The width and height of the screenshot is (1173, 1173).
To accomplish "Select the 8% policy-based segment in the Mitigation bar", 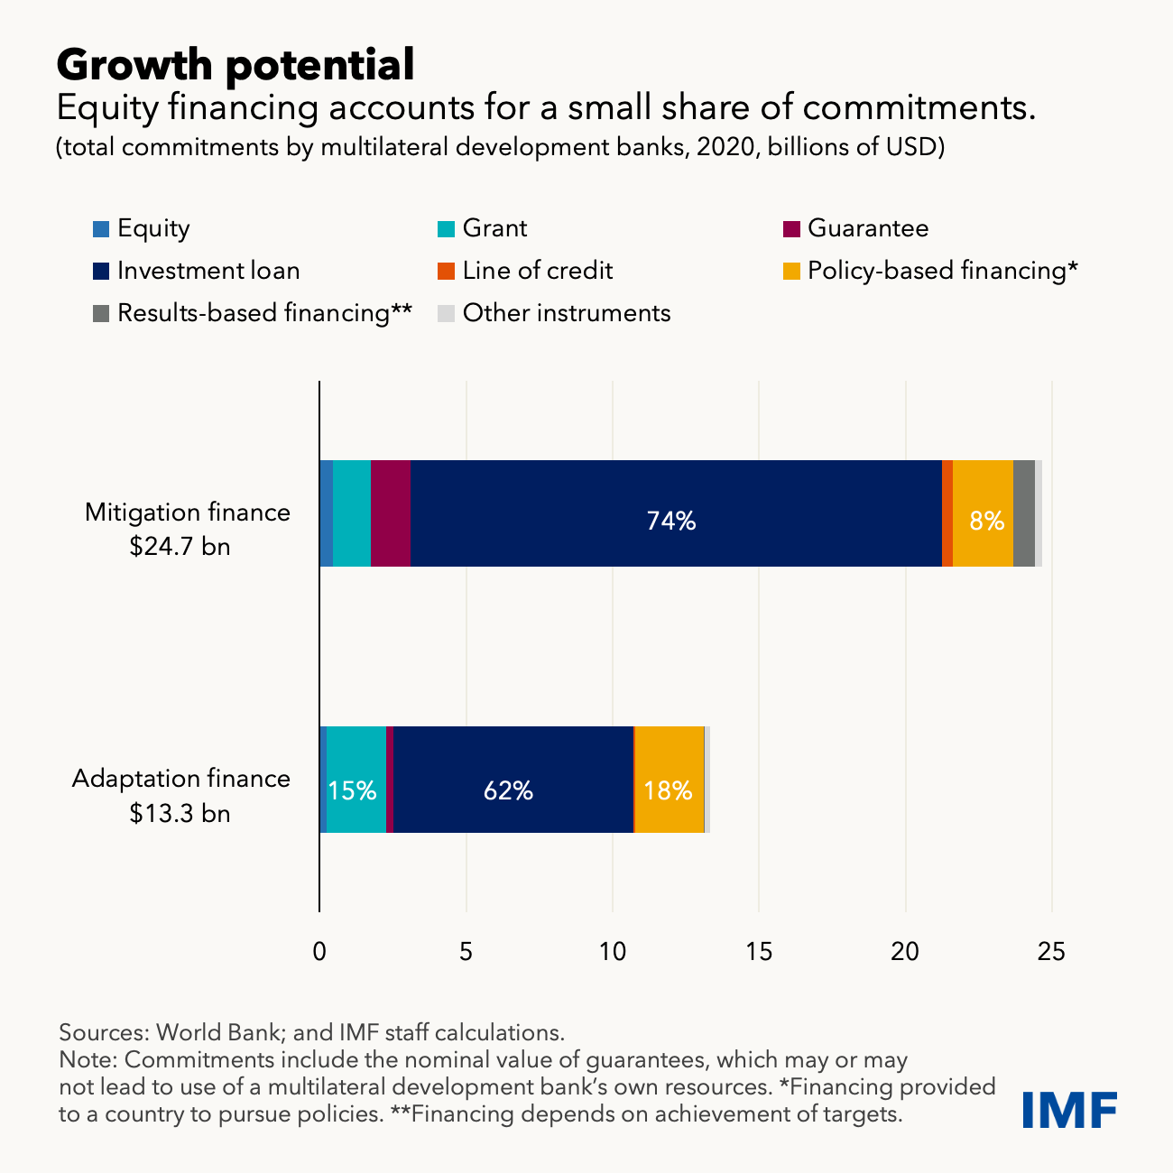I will click(x=983, y=513).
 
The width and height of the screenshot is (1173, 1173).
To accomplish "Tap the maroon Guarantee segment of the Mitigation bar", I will click(x=391, y=513).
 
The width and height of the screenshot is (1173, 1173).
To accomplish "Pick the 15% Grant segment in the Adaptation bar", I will click(x=356, y=780).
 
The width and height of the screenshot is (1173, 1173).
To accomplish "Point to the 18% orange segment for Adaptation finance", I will click(x=669, y=780).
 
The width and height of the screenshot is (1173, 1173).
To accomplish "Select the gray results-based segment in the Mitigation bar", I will click(x=1023, y=513).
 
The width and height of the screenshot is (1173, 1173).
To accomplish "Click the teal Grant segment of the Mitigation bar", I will click(x=352, y=513).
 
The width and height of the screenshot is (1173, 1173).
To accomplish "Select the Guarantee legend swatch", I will click(x=791, y=228).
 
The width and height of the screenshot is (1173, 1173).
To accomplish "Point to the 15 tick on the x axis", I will click(x=759, y=951).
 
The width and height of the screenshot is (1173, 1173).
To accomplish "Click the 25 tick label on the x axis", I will click(x=1051, y=951).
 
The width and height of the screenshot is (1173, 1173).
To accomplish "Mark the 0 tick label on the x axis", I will click(x=319, y=951).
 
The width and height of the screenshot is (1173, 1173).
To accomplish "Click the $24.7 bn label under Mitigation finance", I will click(x=180, y=547).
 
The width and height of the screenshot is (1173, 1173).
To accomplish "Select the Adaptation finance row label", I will click(x=181, y=779).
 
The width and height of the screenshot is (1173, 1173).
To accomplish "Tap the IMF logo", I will click(x=1070, y=1109).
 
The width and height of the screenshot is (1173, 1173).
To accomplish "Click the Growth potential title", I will click(x=236, y=64).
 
